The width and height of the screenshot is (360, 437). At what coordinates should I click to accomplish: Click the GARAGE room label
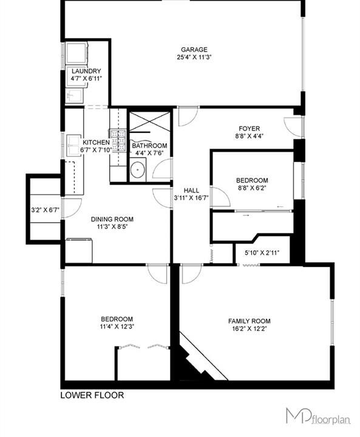point(194,50)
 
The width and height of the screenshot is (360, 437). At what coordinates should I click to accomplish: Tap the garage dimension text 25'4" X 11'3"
point(194,58)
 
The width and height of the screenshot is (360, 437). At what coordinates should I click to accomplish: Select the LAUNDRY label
point(86,71)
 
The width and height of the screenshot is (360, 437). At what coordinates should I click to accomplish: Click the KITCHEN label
point(96,143)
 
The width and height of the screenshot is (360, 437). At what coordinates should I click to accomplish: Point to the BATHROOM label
point(149,146)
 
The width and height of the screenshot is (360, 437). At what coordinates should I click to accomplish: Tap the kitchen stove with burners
point(118,141)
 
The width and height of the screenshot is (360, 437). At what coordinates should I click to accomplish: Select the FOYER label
point(250,129)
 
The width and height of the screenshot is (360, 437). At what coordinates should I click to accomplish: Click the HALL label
point(192,191)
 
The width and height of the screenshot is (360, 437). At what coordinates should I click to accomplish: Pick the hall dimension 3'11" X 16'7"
point(192,198)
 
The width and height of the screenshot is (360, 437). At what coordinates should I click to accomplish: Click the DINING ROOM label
point(112,219)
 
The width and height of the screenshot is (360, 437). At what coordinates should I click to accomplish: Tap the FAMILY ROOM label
point(250,321)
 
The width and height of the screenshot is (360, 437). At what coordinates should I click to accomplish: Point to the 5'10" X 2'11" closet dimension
point(262,252)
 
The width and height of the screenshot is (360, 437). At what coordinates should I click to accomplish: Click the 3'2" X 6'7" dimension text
point(45,209)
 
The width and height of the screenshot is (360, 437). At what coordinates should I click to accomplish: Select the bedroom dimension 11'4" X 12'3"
point(117,327)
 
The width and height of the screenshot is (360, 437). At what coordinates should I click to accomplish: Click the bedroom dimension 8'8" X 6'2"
point(252,188)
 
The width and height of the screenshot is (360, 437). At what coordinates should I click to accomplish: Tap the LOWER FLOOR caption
point(92,395)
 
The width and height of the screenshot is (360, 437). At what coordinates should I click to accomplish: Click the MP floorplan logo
point(319,416)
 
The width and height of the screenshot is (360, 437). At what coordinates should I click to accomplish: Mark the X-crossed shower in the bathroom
point(150,121)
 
